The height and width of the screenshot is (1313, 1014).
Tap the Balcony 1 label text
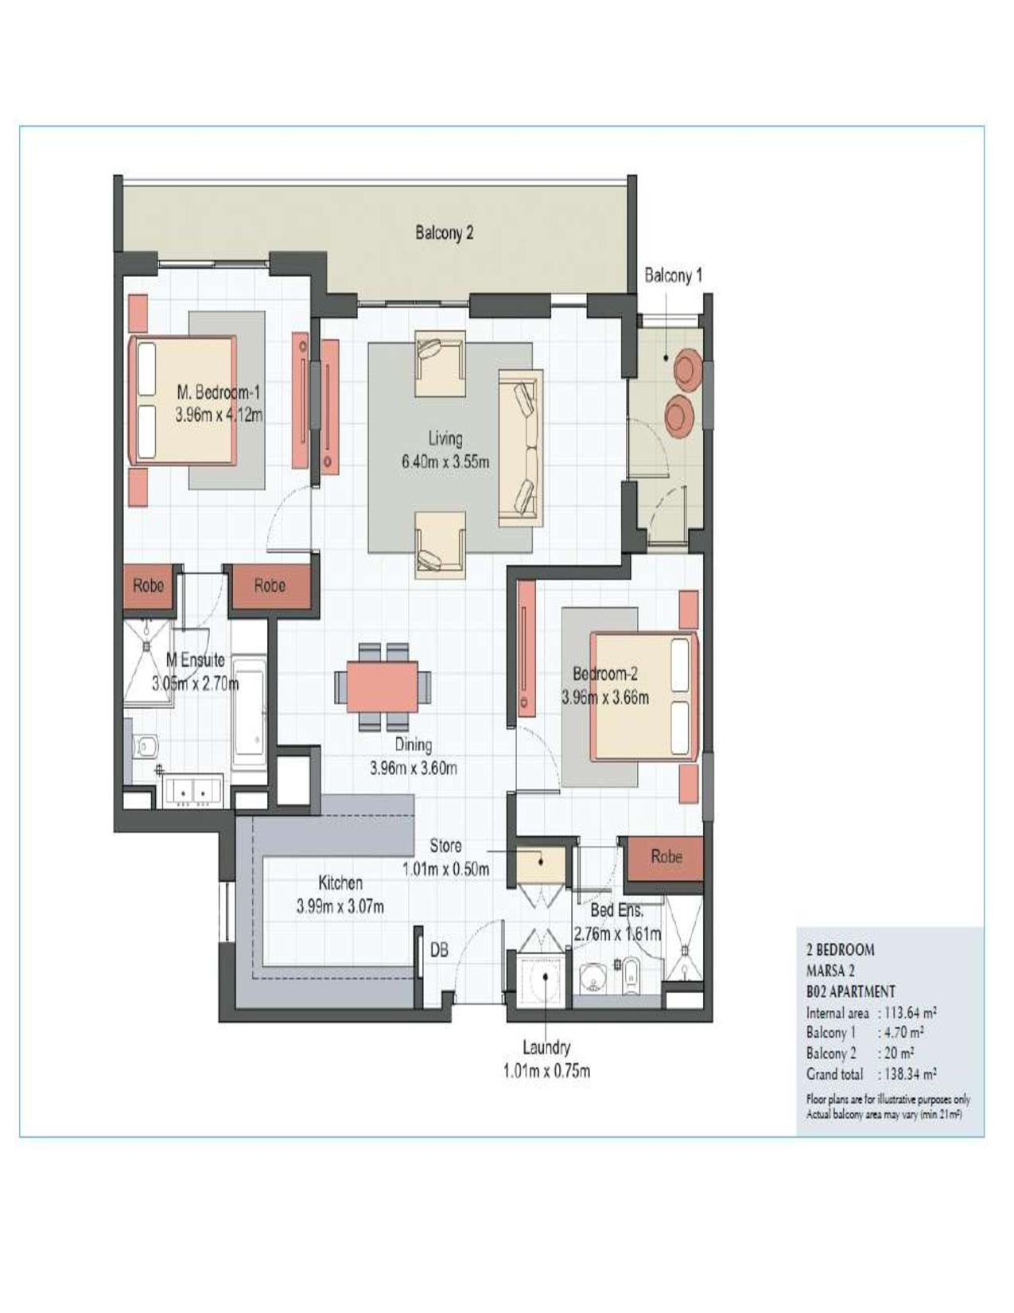point(674,276)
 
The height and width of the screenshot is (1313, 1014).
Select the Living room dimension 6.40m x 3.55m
point(445,462)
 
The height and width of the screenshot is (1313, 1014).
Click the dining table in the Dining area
point(383,687)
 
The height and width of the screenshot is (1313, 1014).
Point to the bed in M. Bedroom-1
point(181,400)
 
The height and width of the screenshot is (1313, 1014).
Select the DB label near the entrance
point(439,950)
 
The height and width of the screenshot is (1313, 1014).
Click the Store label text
point(445,845)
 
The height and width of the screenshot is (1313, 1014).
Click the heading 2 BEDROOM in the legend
point(840,949)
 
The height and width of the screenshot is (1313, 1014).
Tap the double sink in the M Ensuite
point(194,792)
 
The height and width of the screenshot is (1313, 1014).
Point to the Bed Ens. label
point(616,910)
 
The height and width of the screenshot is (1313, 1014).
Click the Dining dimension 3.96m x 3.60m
point(413,769)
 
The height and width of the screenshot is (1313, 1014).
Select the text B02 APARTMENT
point(850,992)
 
